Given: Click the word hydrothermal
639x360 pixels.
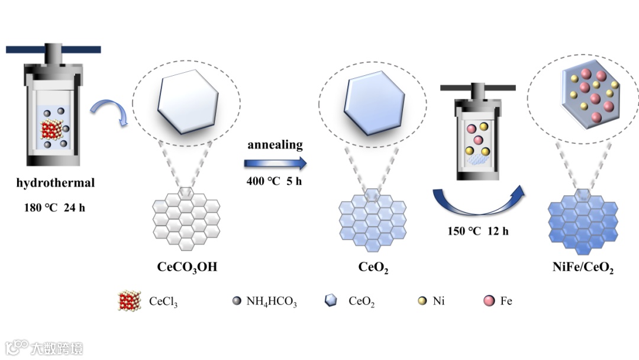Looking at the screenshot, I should (x=56, y=183).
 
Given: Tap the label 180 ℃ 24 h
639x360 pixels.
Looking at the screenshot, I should (x=55, y=208).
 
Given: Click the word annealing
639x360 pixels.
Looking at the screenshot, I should (x=275, y=144).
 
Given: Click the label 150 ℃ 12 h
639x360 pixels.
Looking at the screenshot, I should (x=478, y=231).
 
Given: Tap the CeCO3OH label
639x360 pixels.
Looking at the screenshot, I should (x=187, y=267).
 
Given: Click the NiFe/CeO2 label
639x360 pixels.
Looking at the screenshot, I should (x=582, y=268).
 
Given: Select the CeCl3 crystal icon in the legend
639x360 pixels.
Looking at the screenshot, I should (x=129, y=301).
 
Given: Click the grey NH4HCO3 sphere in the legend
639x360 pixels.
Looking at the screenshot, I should (x=237, y=301).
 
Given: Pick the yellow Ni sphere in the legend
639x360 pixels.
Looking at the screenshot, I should (x=422, y=301).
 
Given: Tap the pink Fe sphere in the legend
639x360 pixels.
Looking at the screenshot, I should (x=489, y=301).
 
